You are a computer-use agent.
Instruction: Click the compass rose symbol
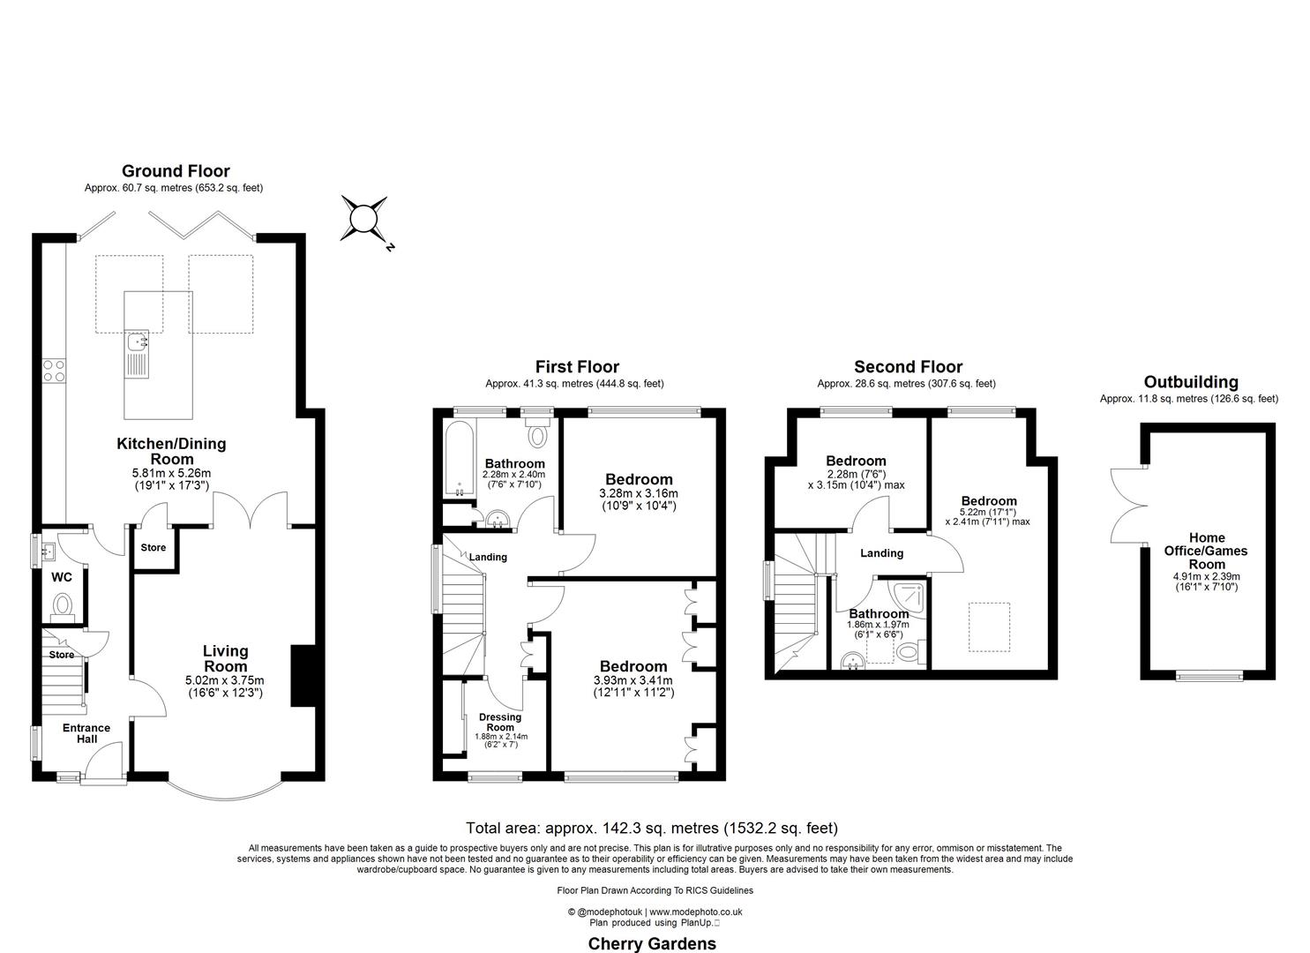[363, 218]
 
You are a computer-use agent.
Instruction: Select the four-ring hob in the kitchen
[54, 370]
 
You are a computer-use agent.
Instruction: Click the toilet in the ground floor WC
[63, 605]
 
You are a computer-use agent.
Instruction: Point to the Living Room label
[225, 659]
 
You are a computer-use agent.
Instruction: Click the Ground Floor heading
[176, 171]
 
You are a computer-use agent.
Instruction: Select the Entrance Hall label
[86, 733]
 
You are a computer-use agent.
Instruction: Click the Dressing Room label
[500, 722]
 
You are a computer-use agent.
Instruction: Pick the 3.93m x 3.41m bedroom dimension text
[633, 680]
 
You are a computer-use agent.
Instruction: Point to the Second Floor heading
[908, 367]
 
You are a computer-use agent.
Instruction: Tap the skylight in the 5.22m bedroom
[990, 627]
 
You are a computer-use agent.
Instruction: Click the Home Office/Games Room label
[1206, 551]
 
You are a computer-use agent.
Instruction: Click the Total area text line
[651, 828]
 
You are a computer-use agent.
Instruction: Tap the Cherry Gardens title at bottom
[652, 943]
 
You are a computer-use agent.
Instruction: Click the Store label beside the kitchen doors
[153, 548]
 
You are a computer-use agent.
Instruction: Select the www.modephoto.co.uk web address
[695, 912]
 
